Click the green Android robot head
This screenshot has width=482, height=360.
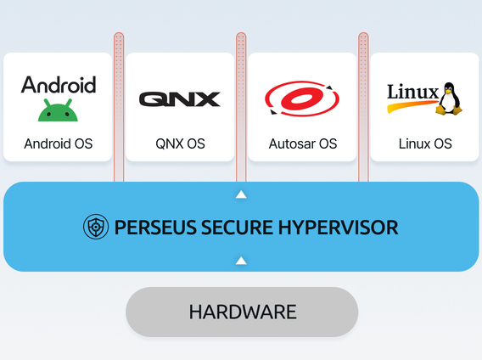pos(58,110)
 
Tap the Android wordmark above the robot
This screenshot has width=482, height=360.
pos(59,85)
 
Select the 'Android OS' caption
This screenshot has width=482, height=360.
pos(59,143)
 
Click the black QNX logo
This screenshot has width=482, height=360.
pos(180,99)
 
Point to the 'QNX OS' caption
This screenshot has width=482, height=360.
pos(180,143)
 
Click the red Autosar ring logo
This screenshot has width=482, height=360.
pos(302,98)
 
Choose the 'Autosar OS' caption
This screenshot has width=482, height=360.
pos(303,143)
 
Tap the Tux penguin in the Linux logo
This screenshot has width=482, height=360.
pos(449,98)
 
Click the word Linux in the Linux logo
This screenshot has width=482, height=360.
pos(412,92)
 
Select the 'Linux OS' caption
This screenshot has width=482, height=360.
pos(425,143)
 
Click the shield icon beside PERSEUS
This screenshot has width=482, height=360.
pos(96,227)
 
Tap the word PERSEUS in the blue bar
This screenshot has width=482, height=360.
pos(155,228)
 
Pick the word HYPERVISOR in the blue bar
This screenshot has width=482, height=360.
pos(338,228)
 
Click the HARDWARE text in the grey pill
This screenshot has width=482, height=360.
pos(243,312)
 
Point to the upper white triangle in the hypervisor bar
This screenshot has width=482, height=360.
pos(241,194)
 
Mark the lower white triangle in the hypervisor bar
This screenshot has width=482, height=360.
pos(241,261)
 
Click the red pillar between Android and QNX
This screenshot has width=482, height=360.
pos(119,107)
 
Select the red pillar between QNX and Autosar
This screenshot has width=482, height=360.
pos(241,107)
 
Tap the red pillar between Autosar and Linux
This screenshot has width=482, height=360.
pos(363,107)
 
